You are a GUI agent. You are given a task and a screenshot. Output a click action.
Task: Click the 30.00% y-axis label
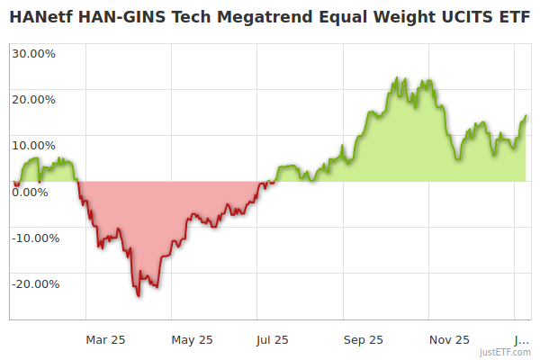33,53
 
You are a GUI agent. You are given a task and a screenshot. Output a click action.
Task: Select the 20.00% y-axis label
33,99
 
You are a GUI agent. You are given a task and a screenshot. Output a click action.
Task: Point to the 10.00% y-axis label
33,145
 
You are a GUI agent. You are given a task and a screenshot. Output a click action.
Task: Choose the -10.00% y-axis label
35,238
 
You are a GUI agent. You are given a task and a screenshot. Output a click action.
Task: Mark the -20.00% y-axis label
35,283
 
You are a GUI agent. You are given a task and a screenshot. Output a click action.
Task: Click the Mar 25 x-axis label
105,339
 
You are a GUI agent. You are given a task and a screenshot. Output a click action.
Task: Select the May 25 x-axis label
192,339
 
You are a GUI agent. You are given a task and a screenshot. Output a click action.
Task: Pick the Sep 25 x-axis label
363,339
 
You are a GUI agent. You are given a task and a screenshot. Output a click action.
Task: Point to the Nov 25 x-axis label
449,339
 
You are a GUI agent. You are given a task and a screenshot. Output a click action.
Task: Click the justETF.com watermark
505,353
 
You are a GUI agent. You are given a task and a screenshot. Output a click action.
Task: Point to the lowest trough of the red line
139,295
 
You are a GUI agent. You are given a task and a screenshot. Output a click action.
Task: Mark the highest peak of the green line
397,79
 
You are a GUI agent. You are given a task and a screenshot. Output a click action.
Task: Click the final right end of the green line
526,115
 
